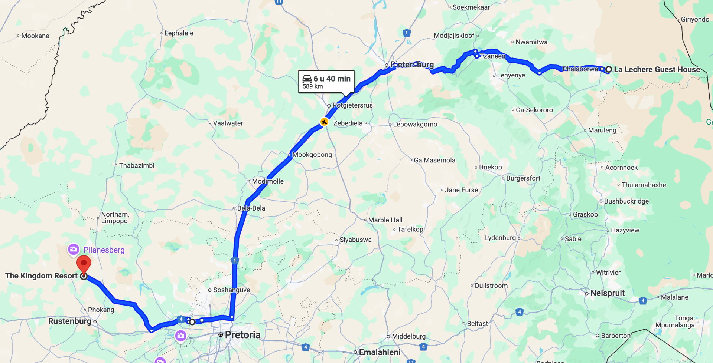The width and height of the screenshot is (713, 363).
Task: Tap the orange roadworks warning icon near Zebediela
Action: point(324,122)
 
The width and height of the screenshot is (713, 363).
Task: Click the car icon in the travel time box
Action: point(307,79)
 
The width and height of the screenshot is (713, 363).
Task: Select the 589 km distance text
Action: point(313,86)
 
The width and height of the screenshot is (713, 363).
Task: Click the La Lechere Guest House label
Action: point(657,69)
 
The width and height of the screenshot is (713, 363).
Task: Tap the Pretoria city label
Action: point(242,335)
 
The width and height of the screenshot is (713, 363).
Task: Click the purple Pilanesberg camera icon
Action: point(73,249)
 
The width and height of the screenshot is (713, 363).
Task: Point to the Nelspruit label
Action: point(607,293)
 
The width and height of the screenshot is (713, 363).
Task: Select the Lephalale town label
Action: point(179,33)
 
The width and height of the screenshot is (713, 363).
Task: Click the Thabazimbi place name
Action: point(137,165)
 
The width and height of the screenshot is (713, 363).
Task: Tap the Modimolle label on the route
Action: point(268,181)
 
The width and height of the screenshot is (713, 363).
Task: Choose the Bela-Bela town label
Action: point(251,208)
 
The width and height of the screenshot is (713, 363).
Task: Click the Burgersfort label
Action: point(523,178)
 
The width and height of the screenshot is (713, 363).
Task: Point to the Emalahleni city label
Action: point(380,352)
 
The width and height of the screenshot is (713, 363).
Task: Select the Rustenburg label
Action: point(70,321)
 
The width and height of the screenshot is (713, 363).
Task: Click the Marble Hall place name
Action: point(385,220)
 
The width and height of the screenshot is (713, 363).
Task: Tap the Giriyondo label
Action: point(695,19)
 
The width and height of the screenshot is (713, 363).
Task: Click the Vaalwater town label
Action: point(228,123)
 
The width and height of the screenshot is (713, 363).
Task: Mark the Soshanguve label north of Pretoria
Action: point(231,290)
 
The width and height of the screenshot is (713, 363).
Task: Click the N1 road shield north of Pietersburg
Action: point(407,33)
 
